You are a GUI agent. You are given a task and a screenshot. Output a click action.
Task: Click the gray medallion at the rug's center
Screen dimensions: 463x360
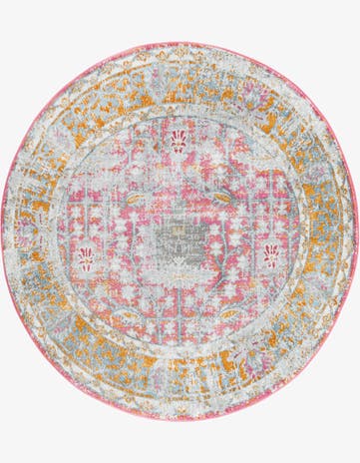pos(180,231)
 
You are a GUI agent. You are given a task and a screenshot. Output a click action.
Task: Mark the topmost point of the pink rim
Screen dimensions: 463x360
pos(180,43)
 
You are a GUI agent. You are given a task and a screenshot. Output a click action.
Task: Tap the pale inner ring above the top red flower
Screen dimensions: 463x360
pos(180,113)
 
